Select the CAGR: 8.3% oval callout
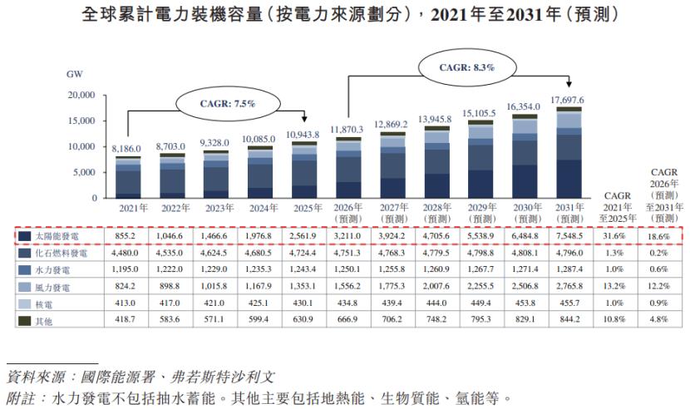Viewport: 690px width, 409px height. pos(466,67)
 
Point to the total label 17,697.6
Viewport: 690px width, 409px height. pos(569,99)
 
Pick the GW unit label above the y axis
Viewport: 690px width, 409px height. pos(74,74)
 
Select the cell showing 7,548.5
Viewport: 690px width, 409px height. pos(569,237)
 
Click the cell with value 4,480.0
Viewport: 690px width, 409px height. pos(128,254)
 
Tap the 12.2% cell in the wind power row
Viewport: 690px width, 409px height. pos(662,288)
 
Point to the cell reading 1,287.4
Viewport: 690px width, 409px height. pos(569,271)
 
